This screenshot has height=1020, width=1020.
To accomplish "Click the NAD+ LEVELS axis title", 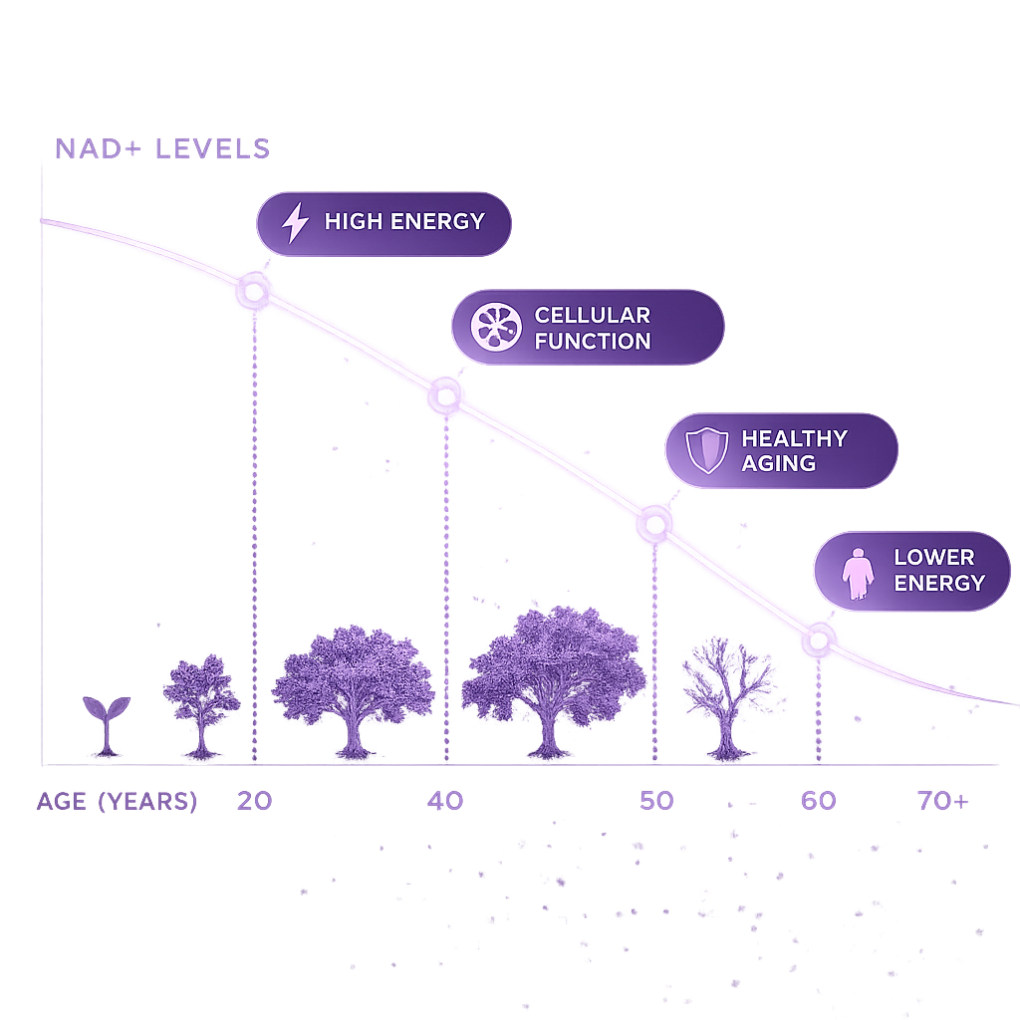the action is click(x=162, y=149).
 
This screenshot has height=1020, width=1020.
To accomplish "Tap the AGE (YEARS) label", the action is click(x=118, y=802).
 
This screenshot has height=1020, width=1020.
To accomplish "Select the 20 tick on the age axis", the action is click(x=254, y=801).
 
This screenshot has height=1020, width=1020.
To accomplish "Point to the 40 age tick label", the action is click(x=445, y=801).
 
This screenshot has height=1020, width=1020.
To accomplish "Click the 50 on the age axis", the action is click(x=656, y=801).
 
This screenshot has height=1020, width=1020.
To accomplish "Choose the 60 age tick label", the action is click(x=819, y=801).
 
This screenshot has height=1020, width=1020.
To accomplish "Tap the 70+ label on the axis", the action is click(x=943, y=801).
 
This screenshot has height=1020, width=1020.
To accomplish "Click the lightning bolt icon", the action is click(x=295, y=222).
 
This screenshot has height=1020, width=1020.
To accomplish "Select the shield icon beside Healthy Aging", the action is click(x=706, y=450).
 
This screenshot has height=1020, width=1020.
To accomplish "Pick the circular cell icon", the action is click(x=496, y=327).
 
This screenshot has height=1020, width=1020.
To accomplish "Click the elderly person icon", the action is click(x=858, y=573).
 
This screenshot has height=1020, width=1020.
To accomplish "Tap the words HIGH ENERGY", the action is click(x=404, y=222).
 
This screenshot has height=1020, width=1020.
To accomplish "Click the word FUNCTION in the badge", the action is click(x=593, y=341).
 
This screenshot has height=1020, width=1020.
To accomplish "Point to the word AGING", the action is click(x=779, y=463).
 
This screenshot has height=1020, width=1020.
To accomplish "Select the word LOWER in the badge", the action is click(x=934, y=558).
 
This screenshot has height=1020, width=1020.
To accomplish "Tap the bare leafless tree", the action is click(x=727, y=699).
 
